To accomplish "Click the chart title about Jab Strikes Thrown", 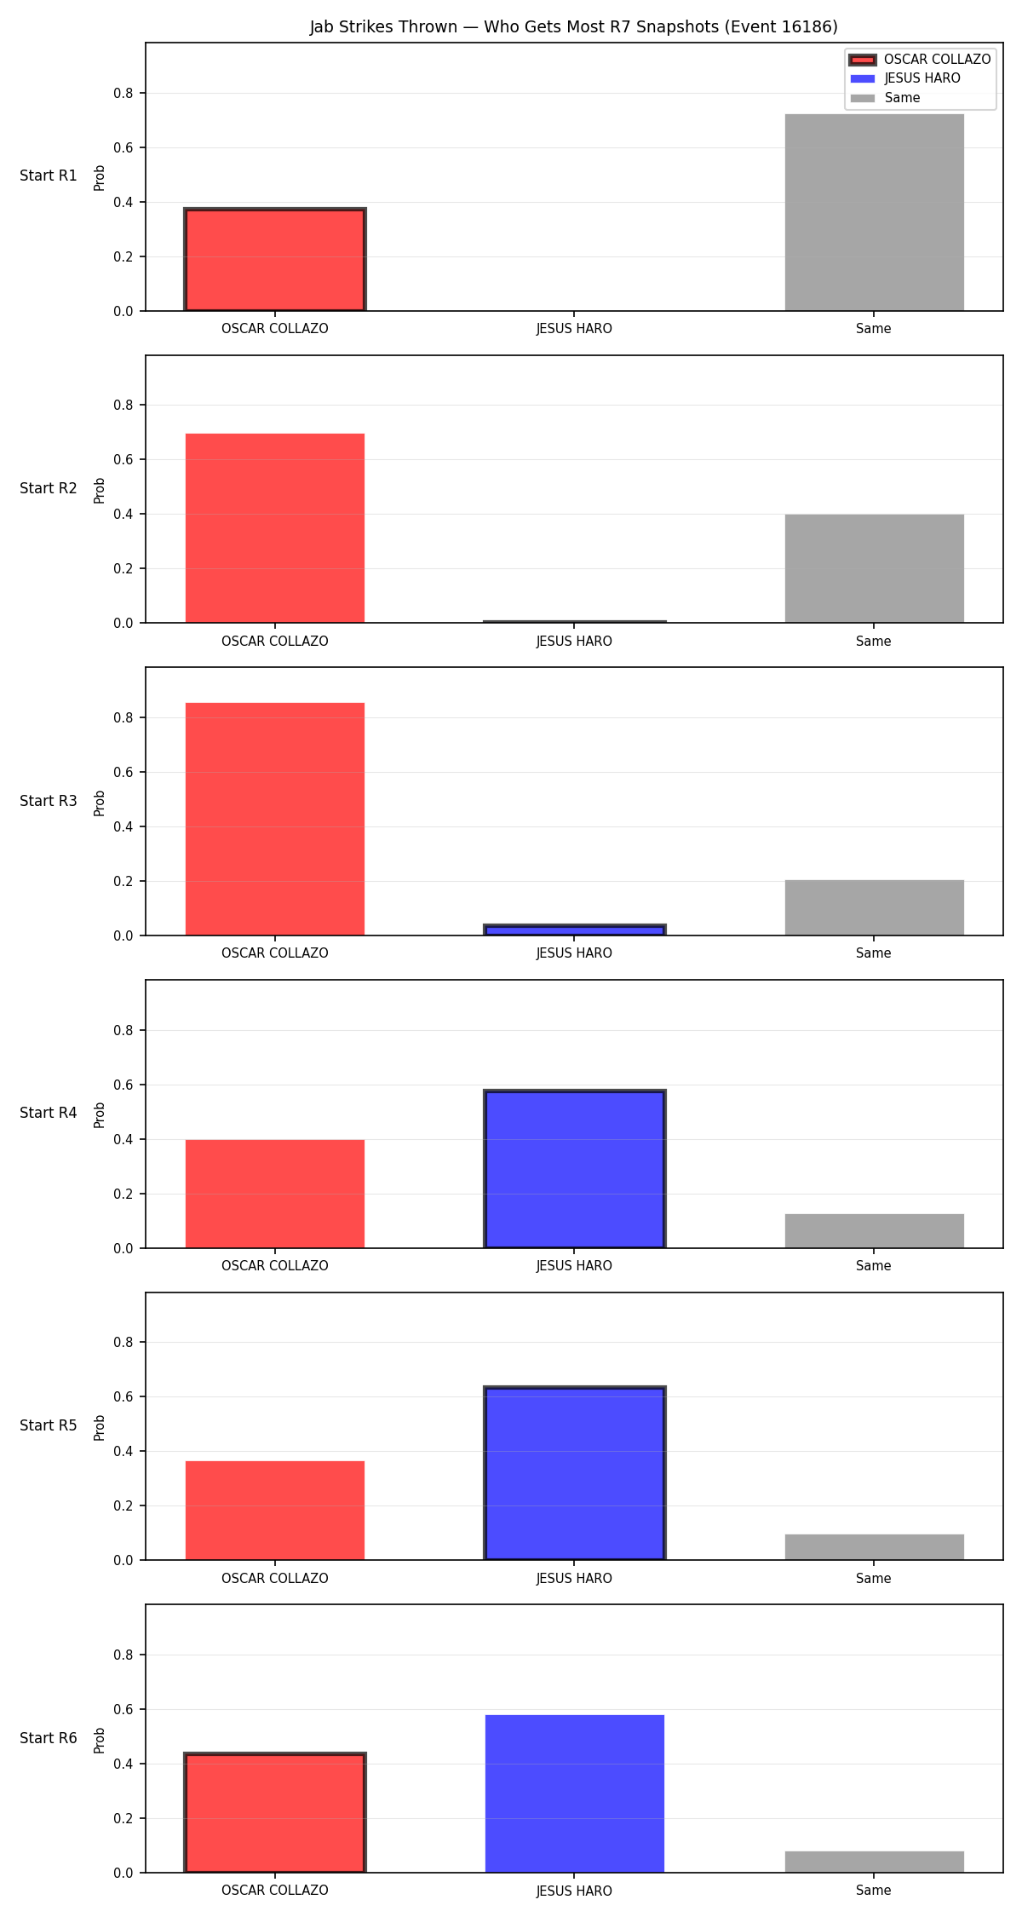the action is pyautogui.click(x=573, y=26).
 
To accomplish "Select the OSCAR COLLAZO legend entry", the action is pyautogui.click(x=920, y=60).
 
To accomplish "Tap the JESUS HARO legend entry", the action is pyautogui.click(x=905, y=78).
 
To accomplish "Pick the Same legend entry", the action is pyautogui.click(x=886, y=98).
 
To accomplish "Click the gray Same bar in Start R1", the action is pyautogui.click(x=874, y=212).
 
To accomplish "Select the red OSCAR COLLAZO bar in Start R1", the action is pyautogui.click(x=275, y=260).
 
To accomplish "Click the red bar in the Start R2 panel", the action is pyautogui.click(x=275, y=528).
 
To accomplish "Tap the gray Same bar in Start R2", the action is pyautogui.click(x=874, y=568).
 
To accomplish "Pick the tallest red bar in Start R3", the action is pyautogui.click(x=275, y=819).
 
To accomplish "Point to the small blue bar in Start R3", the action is pyautogui.click(x=575, y=930).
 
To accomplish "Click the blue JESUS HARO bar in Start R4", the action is pyautogui.click(x=575, y=1169).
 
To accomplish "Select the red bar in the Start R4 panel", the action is pyautogui.click(x=275, y=1194).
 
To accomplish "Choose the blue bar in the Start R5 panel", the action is pyautogui.click(x=575, y=1474).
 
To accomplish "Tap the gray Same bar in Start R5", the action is pyautogui.click(x=874, y=1547).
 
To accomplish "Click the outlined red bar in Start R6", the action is pyautogui.click(x=275, y=1813).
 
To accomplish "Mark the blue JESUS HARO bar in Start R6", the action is pyautogui.click(x=575, y=1793).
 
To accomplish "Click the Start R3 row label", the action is pyautogui.click(x=49, y=801).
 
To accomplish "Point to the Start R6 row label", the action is pyautogui.click(x=49, y=1738).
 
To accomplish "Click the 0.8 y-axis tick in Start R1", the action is pyautogui.click(x=123, y=93).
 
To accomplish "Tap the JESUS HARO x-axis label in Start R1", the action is pyautogui.click(x=574, y=329).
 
